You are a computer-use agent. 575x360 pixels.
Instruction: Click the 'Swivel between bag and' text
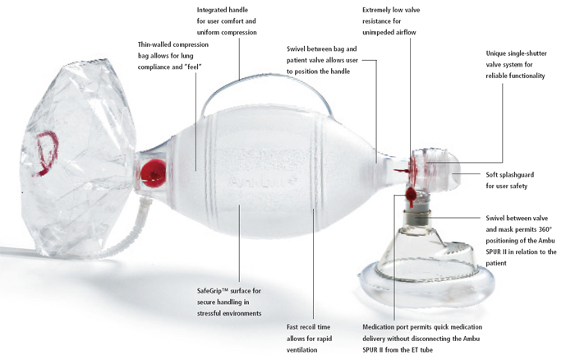328,49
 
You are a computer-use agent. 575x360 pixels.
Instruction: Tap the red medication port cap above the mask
410,194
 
